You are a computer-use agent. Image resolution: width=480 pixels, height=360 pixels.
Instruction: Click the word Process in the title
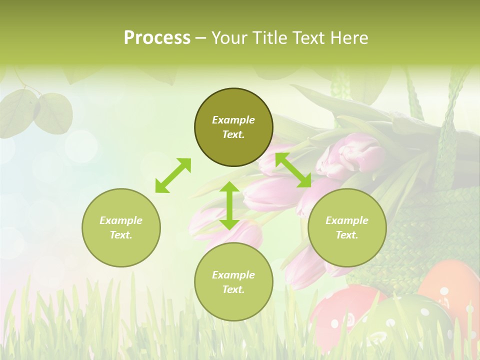click(x=157, y=38)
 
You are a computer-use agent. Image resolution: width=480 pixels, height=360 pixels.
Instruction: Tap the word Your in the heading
click(x=229, y=38)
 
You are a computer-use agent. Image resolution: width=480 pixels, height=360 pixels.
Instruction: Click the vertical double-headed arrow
click(x=229, y=205)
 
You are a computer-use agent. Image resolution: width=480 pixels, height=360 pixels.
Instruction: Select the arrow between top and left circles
click(x=173, y=175)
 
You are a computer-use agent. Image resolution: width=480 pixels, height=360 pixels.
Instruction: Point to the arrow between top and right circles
click(x=293, y=170)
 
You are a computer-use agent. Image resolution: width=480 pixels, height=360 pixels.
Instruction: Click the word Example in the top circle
click(x=233, y=120)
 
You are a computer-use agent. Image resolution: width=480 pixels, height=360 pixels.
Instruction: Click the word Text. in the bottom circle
click(x=233, y=289)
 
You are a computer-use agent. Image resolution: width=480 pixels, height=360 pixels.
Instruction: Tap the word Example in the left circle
click(x=121, y=220)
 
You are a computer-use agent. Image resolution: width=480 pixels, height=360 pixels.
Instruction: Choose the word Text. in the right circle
click(x=347, y=235)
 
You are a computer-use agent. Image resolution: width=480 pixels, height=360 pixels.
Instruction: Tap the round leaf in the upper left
click(x=52, y=113)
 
